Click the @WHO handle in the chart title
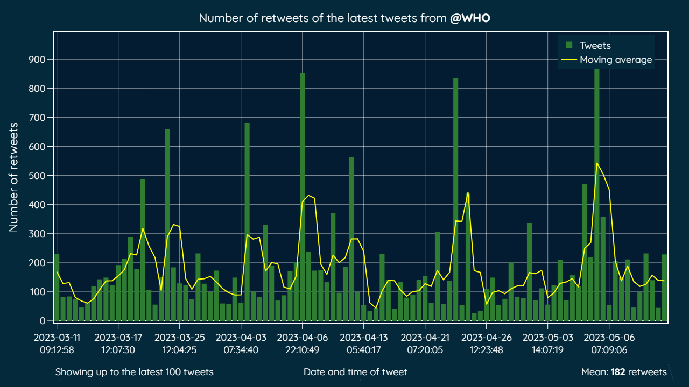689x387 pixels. (x=470, y=18)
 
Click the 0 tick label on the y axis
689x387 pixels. (x=47, y=321)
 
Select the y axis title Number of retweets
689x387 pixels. (x=14, y=177)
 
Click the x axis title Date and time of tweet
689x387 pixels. (x=355, y=372)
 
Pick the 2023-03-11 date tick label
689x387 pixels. (x=57, y=343)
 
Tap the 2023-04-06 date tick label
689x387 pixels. (x=303, y=343)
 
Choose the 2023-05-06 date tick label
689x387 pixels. (x=609, y=343)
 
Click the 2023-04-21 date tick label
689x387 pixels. (x=425, y=343)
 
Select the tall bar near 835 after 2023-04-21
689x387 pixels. (x=456, y=199)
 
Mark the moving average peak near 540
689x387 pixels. (x=597, y=163)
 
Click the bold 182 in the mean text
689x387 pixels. (x=617, y=372)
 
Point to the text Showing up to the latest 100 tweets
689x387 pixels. (x=134, y=372)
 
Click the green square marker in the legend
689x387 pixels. (x=569, y=46)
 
